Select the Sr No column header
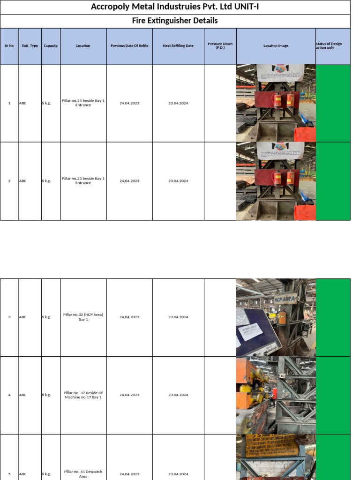(9, 46)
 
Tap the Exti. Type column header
(30, 46)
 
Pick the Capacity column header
(51, 46)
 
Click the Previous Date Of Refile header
(129, 46)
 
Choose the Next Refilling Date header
(178, 46)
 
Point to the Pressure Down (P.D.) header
(220, 45)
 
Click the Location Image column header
(276, 46)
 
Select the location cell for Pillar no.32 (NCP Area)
(83, 317)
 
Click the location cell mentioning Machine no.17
(83, 395)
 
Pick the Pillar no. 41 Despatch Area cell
(83, 474)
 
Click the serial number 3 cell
(9, 317)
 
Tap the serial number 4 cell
(9, 395)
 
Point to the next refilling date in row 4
(178, 395)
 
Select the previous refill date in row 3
(129, 317)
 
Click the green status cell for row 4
(333, 395)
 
